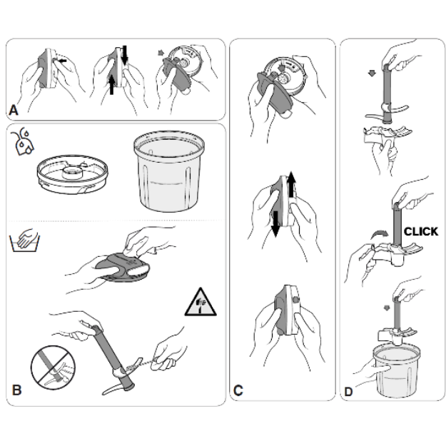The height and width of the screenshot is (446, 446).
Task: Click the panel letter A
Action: click(x=14, y=110)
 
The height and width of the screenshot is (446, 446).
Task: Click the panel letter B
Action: click(x=17, y=390)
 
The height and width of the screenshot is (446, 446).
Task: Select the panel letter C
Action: click(x=238, y=390)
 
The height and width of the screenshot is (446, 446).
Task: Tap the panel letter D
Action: click(x=348, y=392)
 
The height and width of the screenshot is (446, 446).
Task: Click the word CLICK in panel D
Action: click(x=421, y=231)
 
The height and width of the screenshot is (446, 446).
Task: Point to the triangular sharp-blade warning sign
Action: click(x=201, y=303)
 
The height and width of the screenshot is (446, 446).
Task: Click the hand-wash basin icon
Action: click(x=25, y=240)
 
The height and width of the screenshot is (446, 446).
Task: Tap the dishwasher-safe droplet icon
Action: click(x=23, y=142)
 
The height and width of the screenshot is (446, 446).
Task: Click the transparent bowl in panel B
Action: click(x=169, y=171)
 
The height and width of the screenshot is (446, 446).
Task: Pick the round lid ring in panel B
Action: click(x=73, y=174)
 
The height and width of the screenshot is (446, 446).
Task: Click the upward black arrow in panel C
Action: click(x=291, y=184)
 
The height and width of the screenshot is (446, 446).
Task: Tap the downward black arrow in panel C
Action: click(x=275, y=224)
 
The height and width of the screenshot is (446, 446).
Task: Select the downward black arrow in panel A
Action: click(x=124, y=55)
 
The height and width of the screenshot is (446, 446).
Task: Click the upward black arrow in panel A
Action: click(x=112, y=84)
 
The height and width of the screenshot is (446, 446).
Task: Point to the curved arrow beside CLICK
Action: click(x=380, y=235)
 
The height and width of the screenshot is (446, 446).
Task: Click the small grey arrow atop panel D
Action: click(x=372, y=74)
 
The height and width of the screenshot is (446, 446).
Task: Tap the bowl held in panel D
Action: click(x=396, y=370)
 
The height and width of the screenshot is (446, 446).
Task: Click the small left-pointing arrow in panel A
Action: click(x=62, y=61)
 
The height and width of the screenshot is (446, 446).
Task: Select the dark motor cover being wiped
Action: click(x=123, y=268)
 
